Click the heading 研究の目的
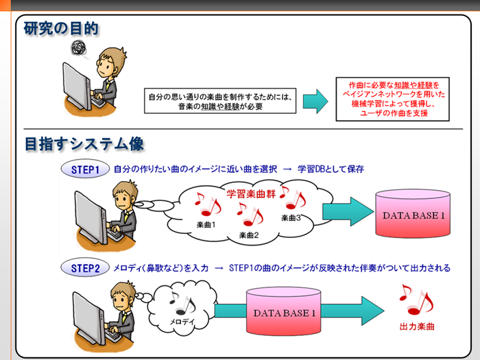click(61, 29)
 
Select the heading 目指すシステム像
click(84, 143)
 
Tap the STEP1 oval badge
click(85, 169)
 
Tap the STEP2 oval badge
click(85, 268)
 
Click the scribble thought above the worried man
click(78, 48)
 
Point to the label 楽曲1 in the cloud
click(206, 225)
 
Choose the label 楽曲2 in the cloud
click(249, 235)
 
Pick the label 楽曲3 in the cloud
click(291, 217)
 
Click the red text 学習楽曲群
click(251, 194)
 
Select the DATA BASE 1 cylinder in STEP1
click(413, 213)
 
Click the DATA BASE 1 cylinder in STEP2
click(284, 311)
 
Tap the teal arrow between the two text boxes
click(315, 101)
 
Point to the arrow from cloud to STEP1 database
click(348, 211)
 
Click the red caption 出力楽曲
click(417, 326)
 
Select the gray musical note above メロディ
click(182, 303)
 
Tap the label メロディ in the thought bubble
click(182, 322)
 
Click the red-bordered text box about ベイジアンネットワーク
click(392, 99)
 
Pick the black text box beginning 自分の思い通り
click(220, 101)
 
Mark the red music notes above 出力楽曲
click(416, 300)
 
